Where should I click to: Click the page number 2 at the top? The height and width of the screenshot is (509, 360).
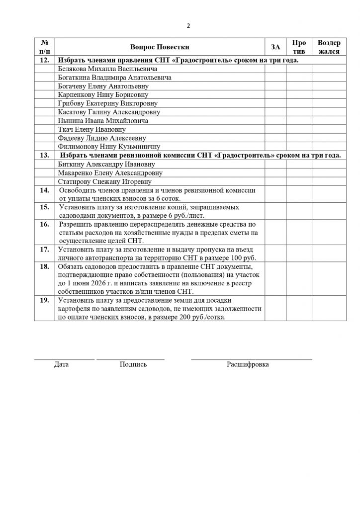[188, 26]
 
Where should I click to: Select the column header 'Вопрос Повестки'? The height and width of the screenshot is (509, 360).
[160, 47]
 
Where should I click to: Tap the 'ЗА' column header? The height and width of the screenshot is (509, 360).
[275, 47]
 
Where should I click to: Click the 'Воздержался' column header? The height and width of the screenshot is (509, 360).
[329, 47]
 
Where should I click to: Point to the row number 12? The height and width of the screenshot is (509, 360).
[44, 60]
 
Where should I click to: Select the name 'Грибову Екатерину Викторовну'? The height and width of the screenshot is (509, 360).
[108, 103]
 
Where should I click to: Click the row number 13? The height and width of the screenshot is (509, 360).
[44, 155]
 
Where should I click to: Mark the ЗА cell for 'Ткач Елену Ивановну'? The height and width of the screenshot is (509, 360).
[275, 129]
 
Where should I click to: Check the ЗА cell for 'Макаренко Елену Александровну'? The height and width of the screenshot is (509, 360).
[275, 173]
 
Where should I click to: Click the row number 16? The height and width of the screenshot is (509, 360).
[44, 225]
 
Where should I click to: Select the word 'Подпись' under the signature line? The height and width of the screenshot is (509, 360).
[133, 364]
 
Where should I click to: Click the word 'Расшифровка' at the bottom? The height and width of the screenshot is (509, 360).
[248, 364]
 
